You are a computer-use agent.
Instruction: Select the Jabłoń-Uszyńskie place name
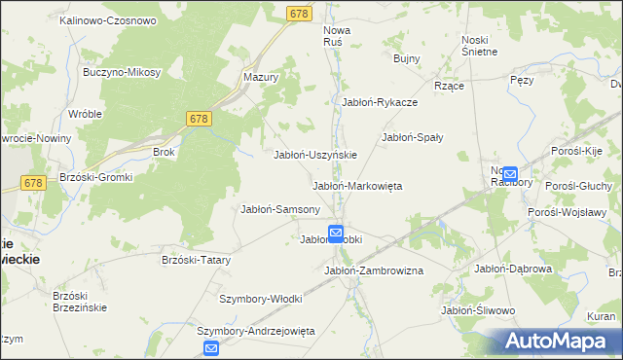pos(315,155)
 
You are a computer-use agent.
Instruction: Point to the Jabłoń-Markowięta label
pos(356,185)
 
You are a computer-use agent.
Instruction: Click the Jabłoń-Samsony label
pos(280,209)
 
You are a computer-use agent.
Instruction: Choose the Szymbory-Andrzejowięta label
pos(257,331)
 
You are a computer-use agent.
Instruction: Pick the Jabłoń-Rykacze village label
pos(380,101)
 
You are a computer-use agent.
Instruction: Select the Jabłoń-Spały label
pos(412,137)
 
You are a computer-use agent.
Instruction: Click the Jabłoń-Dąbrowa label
pos(513,269)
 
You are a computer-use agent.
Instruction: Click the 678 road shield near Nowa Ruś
pos(299,13)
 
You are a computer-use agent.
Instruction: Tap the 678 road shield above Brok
pos(198,118)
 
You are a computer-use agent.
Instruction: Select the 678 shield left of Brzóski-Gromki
pos(33,183)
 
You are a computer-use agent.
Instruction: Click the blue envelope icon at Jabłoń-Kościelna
pos(336,233)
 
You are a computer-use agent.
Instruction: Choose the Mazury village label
pos(261,76)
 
